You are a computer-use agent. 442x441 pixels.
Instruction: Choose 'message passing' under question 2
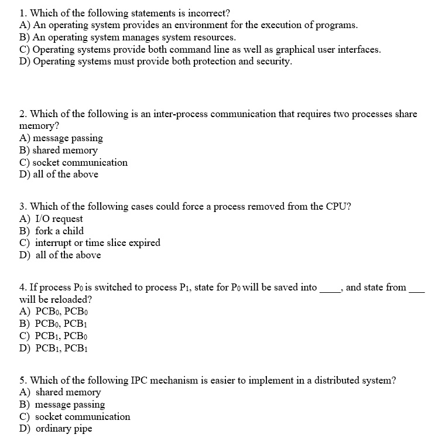coord(67,138)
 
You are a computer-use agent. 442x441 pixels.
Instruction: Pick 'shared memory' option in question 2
coord(65,150)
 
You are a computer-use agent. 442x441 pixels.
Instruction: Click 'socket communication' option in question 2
coord(80,162)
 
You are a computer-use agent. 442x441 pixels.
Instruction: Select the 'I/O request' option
coord(59,218)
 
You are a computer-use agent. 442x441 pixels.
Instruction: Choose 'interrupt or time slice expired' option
coord(97,242)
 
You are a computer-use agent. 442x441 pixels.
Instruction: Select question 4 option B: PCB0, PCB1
coord(61,323)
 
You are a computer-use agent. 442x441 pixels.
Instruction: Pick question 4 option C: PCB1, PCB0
coord(61,336)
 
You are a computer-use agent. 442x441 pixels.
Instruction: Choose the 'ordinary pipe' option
coord(63,429)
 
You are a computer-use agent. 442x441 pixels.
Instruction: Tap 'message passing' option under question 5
coord(70,404)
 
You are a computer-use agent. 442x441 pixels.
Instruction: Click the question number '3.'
coord(23,206)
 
